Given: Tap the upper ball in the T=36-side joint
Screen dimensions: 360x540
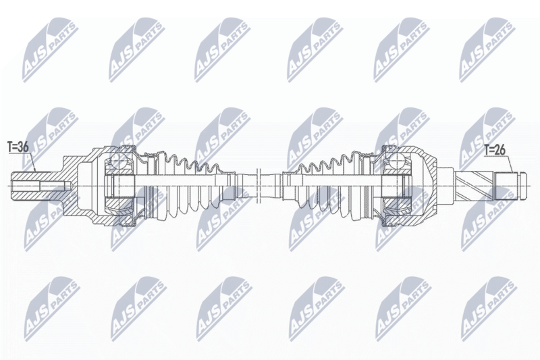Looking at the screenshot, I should click(x=117, y=161).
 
